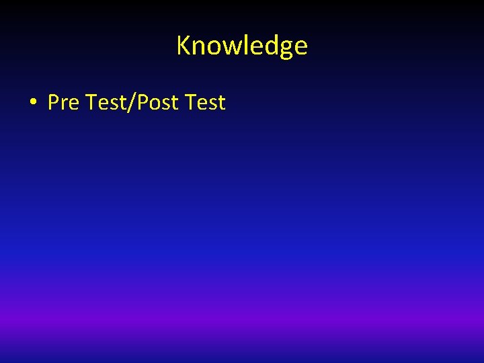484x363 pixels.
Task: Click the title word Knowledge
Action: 242,46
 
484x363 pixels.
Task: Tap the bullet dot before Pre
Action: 32,103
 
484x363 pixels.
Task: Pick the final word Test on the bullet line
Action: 205,103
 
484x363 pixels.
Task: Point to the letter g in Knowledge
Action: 286,48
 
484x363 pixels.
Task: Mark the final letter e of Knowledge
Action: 300,47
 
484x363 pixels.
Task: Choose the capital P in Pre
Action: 53,103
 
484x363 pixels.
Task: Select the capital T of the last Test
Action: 190,103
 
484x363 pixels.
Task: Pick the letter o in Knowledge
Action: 208,47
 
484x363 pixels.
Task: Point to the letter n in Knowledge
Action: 195,47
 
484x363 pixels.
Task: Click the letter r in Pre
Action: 64,104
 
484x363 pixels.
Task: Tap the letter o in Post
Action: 154,104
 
